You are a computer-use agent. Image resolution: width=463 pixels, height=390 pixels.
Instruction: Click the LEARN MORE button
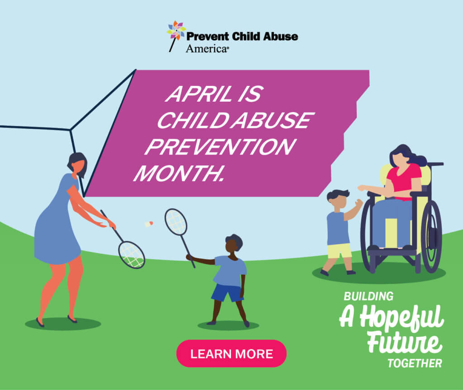(x=231, y=353)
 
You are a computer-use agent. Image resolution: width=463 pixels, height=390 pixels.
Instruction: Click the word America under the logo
(x=206, y=49)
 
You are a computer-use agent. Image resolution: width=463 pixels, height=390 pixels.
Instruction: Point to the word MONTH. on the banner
(x=179, y=173)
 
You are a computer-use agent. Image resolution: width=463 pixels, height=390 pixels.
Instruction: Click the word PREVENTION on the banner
(x=220, y=147)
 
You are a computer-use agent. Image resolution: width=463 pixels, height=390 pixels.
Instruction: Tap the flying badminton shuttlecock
(x=149, y=224)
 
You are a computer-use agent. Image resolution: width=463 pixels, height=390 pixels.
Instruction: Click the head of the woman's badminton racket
(x=132, y=255)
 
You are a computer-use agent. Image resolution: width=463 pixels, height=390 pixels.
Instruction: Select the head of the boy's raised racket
(x=176, y=222)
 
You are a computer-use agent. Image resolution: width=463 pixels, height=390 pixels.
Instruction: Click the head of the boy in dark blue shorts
(x=234, y=243)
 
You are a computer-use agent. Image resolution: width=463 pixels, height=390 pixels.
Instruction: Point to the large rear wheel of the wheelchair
(x=431, y=236)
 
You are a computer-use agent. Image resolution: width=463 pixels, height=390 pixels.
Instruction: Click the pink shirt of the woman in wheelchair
(x=404, y=181)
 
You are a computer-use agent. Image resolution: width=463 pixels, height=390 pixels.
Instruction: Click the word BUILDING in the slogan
(x=369, y=296)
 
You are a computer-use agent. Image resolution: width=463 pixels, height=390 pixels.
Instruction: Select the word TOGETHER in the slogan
(x=415, y=363)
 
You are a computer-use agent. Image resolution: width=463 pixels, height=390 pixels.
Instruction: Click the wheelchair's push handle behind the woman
(x=435, y=164)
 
